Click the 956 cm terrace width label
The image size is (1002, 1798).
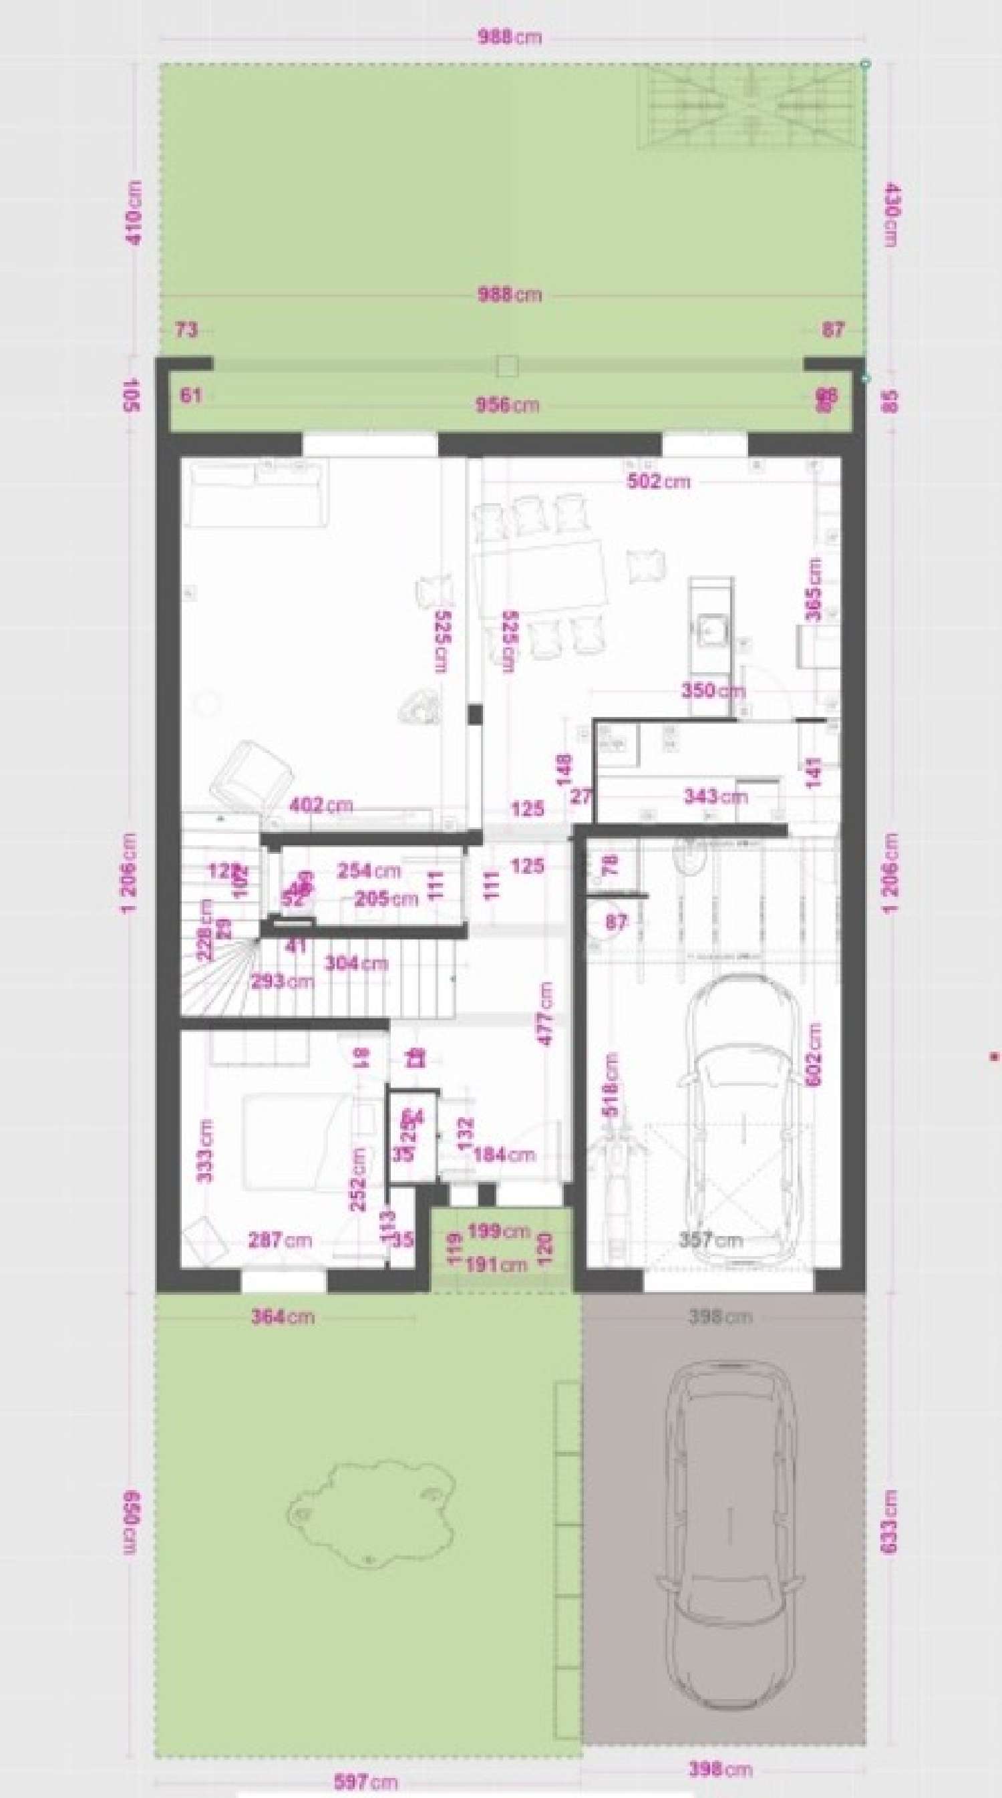(x=507, y=405)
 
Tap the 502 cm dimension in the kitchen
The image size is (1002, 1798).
(x=659, y=482)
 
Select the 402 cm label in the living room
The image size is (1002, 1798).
(x=320, y=804)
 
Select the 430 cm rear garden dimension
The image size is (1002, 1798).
(x=892, y=214)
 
